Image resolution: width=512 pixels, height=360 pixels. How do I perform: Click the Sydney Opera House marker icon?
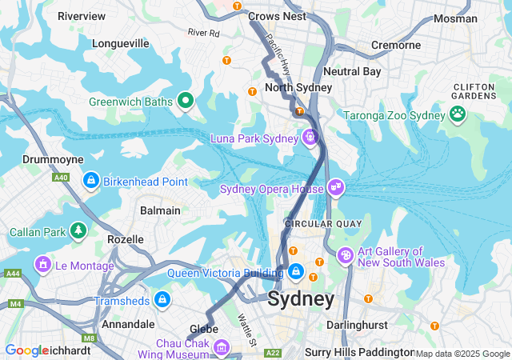pos(336,188)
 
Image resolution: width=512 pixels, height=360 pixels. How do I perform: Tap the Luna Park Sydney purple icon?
pos(310,138)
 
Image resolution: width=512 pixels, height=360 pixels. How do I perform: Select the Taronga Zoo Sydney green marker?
pos(458,115)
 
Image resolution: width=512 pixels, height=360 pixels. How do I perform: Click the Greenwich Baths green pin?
pos(186,101)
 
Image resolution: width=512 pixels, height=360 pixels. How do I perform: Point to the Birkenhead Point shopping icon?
pos(91,180)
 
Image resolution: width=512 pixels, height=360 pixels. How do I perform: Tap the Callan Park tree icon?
pos(78,232)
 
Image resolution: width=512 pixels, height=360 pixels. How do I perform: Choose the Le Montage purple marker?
pos(42,264)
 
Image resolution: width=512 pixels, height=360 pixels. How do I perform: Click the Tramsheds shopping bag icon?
pos(162,300)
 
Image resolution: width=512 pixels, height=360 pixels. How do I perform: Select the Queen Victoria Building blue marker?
pos(296,272)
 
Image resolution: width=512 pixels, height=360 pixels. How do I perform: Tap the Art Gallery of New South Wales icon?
pos(346,256)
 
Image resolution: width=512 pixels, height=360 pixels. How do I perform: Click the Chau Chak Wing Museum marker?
pos(222,348)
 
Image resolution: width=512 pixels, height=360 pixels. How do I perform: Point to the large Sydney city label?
pos(301,300)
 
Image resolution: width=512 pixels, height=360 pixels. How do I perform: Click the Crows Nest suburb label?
pos(277,16)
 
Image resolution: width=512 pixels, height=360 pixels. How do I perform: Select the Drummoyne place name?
pos(52,160)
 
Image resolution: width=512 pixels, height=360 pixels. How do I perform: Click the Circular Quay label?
pos(323,223)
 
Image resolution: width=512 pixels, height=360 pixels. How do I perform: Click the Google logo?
pos(26,350)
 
